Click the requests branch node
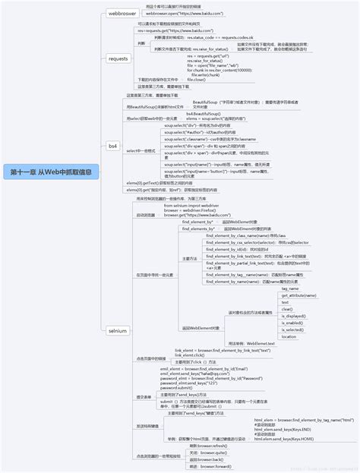point(118,58)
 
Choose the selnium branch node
point(117,330)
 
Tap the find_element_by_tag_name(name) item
point(244,274)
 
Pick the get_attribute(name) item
point(298,295)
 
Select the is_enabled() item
point(292,323)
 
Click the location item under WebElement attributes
point(289,336)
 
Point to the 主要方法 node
point(190,259)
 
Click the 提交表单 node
point(144,397)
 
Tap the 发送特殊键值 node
point(149,427)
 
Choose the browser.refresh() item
point(209,445)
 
